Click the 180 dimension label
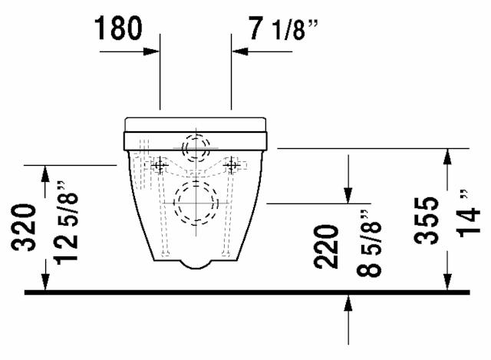118,28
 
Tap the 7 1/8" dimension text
283,29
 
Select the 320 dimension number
24,227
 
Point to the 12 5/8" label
66,223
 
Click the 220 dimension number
326,247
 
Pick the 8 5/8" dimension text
369,243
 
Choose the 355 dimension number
426,220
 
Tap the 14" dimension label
468,213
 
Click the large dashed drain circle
196,203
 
